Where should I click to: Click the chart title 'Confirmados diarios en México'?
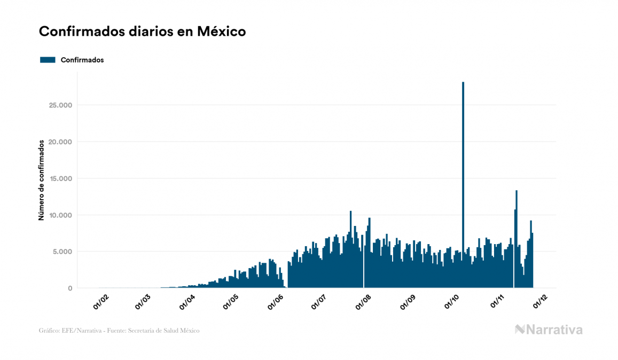(142, 32)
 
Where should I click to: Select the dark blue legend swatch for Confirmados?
(48, 60)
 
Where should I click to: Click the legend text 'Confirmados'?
(82, 60)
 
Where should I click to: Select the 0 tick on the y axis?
(69, 288)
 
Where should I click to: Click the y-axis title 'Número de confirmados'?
(41, 181)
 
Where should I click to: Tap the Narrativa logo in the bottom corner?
(549, 330)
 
